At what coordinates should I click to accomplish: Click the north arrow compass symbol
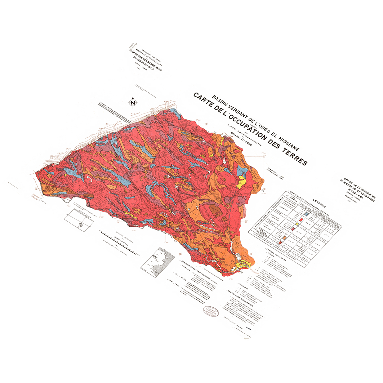tap(133, 103)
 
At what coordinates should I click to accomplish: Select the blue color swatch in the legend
tap(306, 214)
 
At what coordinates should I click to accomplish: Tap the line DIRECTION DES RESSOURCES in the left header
tap(146, 60)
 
